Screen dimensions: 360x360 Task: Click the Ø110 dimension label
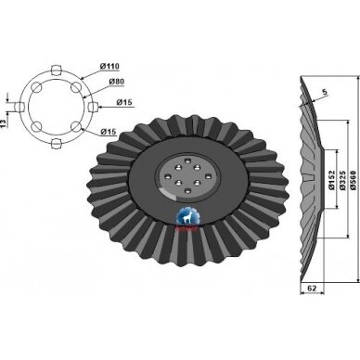[x=109, y=66]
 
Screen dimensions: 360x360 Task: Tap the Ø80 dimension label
[x=117, y=82]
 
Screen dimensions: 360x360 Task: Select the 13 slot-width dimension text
[x=4, y=123]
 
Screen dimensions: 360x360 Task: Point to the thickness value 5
[x=324, y=92]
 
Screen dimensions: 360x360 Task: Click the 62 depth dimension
[x=313, y=289]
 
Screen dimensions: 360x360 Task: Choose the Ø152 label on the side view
[x=331, y=180]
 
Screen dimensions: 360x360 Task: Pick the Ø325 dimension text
[x=342, y=180]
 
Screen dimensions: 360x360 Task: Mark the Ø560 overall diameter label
[x=354, y=180]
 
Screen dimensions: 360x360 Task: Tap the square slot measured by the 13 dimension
[x=20, y=107]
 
